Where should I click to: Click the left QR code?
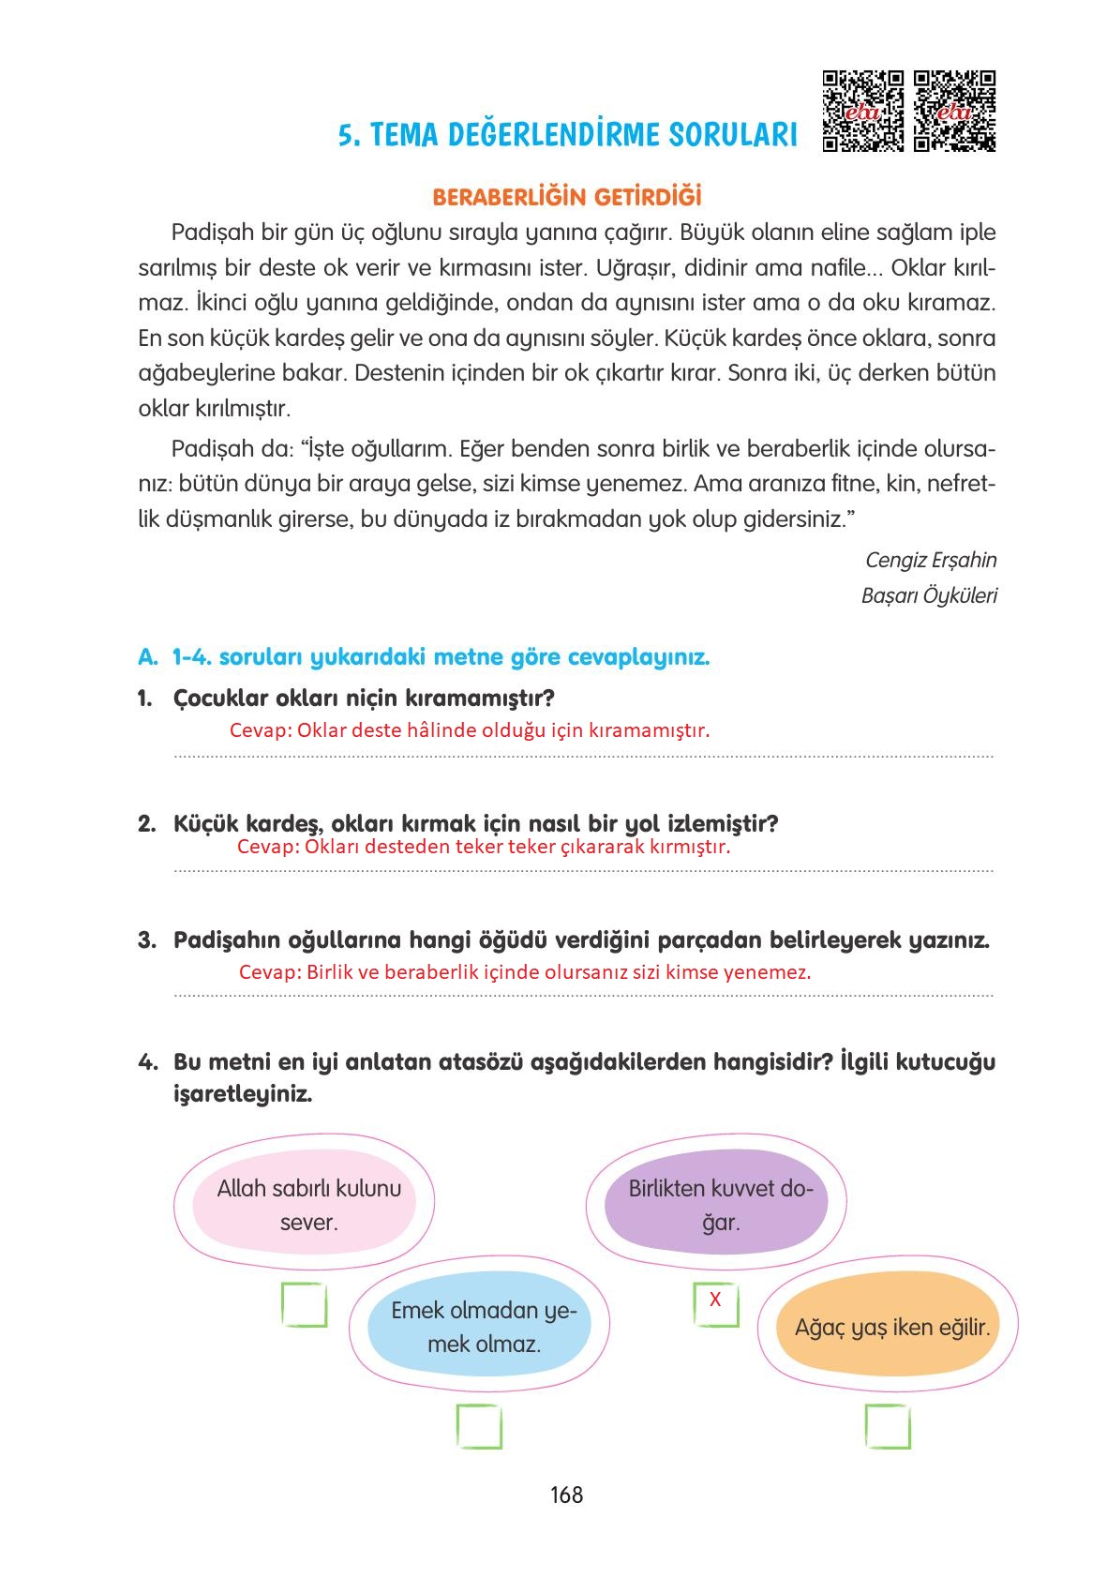862,111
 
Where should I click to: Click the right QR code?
954,111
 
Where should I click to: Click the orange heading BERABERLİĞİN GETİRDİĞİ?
566,198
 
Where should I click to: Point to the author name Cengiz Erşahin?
930,561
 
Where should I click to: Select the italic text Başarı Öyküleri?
928,596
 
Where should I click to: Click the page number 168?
566,1495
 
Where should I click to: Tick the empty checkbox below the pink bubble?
305,1305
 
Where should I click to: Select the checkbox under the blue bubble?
479,1427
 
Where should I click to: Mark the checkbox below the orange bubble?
887,1427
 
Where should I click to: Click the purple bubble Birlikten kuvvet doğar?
717,1205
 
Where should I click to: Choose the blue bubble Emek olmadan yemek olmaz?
482,1327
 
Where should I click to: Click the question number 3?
146,940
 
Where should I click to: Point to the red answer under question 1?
469,730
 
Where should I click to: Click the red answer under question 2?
483,847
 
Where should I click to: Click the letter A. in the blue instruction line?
147,657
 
